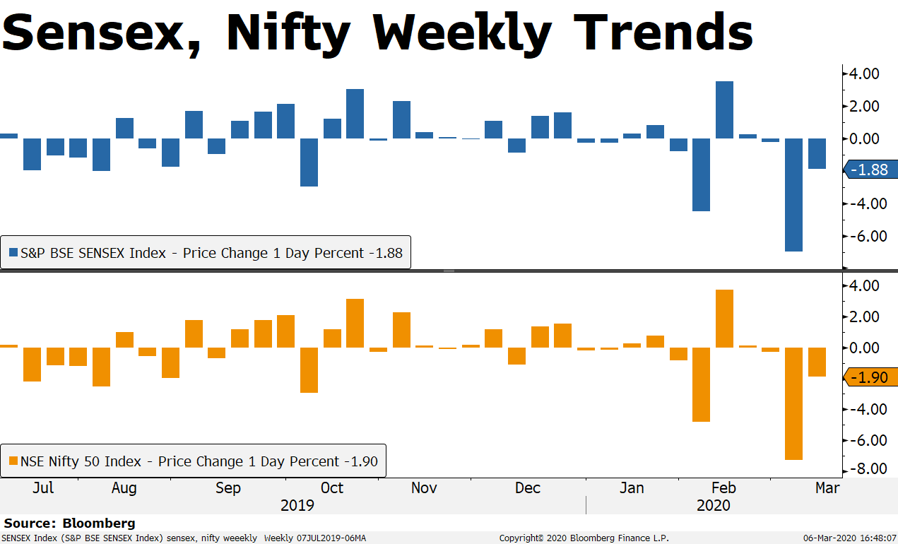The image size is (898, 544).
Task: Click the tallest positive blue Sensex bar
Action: (724, 110)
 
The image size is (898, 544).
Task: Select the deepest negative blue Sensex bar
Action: (793, 194)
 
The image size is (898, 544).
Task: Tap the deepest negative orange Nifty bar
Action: (793, 403)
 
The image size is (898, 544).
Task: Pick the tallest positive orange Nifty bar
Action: (724, 319)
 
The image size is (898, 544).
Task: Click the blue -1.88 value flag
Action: (871, 170)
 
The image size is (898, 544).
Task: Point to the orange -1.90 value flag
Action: (871, 377)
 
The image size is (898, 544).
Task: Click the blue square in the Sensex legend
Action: (13, 253)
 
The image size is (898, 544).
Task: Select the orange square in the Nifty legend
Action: (13, 461)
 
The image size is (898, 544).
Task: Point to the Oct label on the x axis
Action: (332, 488)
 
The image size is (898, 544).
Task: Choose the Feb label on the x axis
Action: (723, 488)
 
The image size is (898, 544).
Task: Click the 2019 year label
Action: (297, 506)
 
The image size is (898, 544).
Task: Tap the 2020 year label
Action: (714, 506)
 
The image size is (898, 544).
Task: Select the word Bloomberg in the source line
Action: (99, 524)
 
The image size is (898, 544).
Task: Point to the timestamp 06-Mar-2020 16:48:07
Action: (850, 538)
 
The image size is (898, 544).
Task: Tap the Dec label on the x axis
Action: (528, 488)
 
